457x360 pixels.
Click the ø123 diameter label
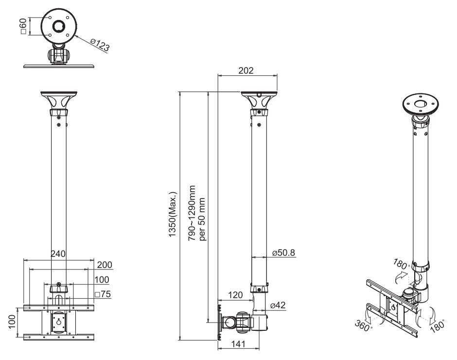click(100, 45)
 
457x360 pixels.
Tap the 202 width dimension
click(246, 70)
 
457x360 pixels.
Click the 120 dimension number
click(235, 295)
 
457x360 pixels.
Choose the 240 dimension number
click(58, 254)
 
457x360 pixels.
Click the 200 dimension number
click(105, 265)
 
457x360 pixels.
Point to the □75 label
click(103, 294)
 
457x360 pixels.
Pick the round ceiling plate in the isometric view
click(421, 104)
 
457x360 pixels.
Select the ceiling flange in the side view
click(259, 101)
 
